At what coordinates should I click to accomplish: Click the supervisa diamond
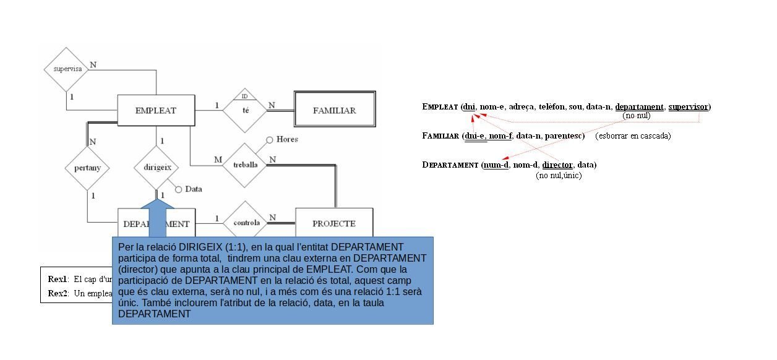click(x=67, y=69)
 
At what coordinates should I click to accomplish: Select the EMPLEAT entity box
click(x=156, y=111)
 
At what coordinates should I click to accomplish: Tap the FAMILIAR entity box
click(x=334, y=111)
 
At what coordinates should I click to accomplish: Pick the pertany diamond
click(x=87, y=168)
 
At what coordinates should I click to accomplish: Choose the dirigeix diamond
click(x=157, y=167)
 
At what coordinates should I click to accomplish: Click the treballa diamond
click(x=246, y=165)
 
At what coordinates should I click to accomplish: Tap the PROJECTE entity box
click(x=334, y=223)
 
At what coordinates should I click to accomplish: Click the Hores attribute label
click(x=287, y=139)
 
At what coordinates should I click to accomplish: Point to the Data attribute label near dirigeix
click(x=194, y=189)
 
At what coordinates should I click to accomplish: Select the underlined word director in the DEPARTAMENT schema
click(x=557, y=165)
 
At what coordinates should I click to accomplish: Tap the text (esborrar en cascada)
click(x=633, y=135)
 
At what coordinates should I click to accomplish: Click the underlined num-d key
click(x=496, y=165)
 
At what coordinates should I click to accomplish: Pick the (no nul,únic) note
click(x=559, y=176)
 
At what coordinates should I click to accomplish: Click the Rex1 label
click(x=58, y=279)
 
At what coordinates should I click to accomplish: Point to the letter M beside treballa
click(x=218, y=160)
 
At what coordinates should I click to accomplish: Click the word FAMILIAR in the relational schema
click(x=440, y=136)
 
